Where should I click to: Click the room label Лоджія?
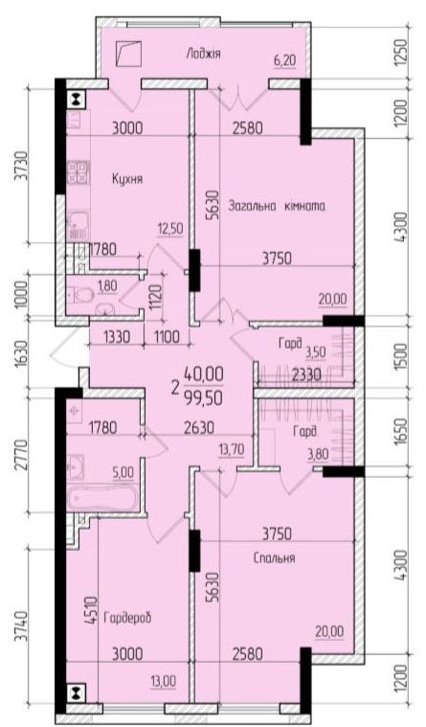pos(203,54)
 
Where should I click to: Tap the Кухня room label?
pos(127,179)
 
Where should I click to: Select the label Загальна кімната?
pos(277,206)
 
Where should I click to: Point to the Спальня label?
pos(275,557)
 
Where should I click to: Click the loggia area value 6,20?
pos(285,60)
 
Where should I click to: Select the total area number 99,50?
pos(204,398)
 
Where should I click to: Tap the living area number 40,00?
pos(204,373)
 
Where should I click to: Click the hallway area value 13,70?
pos(232,448)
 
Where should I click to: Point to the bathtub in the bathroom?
pos(102,499)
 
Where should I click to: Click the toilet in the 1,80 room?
pos(73,293)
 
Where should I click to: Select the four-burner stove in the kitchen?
pos(78,172)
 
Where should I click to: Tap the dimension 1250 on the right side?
pos(402,52)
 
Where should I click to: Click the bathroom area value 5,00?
pos(123,473)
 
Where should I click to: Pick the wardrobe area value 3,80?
pos(318,454)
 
